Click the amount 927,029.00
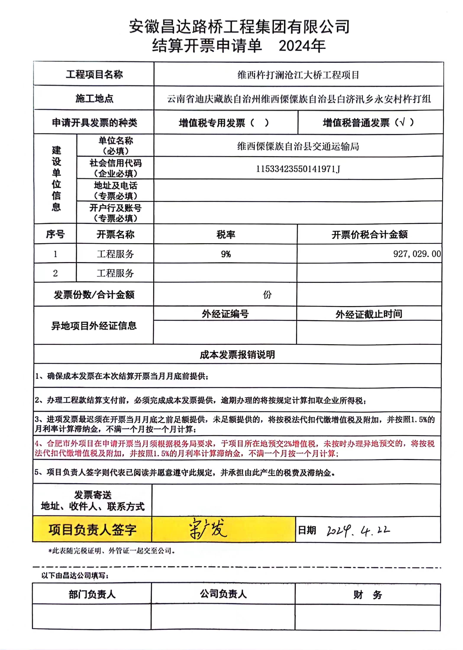pos(417,254)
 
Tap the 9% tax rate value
pos(226,254)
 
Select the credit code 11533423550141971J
pos(298,169)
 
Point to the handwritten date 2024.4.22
pos(358,530)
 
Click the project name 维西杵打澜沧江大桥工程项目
pos(298,75)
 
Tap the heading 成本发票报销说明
pos(237,355)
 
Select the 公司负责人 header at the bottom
pos(223,594)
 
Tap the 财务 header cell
pos(368,595)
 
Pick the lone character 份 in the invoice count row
pos(267,294)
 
